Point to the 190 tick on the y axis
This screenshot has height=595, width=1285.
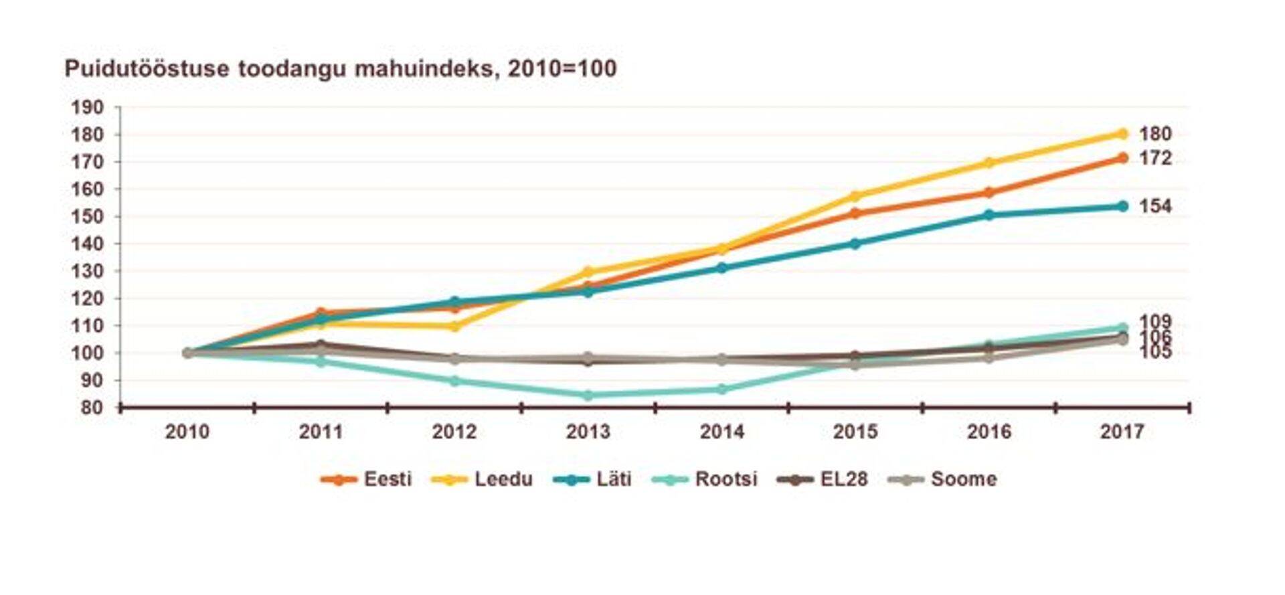click(x=88, y=107)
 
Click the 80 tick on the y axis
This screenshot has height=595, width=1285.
click(x=92, y=408)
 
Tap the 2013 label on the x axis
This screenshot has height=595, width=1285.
click(x=588, y=432)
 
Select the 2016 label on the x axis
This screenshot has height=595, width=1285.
click(x=989, y=432)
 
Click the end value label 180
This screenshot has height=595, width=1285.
click(x=1155, y=134)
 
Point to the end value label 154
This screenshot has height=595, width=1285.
click(x=1155, y=206)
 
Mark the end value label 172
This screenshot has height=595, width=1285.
click(x=1155, y=158)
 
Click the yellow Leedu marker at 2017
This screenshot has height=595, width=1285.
click(x=1122, y=134)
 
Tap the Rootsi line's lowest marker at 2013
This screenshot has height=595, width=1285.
click(x=588, y=396)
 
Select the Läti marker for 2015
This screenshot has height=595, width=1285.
click(x=855, y=244)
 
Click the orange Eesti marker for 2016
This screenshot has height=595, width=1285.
click(x=989, y=193)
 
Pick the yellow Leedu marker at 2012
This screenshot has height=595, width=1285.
click(x=454, y=327)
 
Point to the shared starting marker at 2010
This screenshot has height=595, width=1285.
click(x=187, y=353)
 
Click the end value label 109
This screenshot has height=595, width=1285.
click(x=1155, y=322)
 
